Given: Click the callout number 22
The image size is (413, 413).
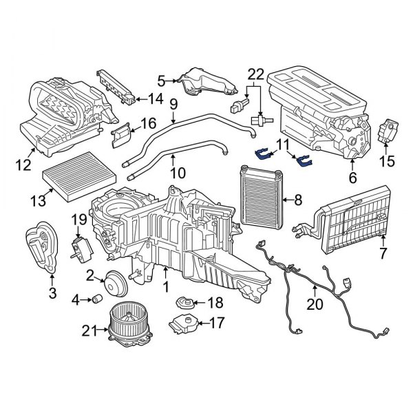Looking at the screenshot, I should (x=255, y=74).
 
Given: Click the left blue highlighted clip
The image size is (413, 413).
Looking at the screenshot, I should (x=264, y=153).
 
